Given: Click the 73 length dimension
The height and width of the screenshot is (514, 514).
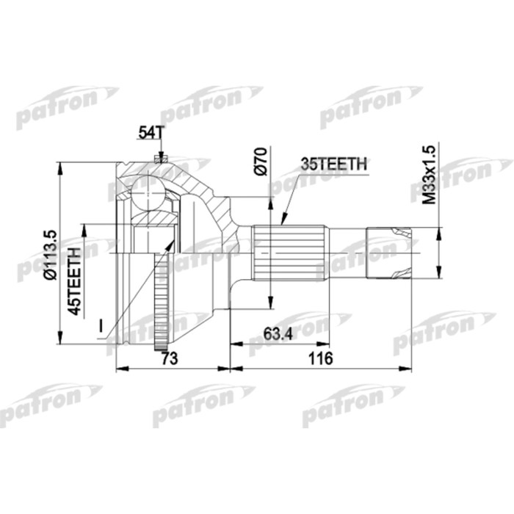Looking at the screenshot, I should tap(171, 358).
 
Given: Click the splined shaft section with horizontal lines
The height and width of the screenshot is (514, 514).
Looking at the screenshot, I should tap(290, 253).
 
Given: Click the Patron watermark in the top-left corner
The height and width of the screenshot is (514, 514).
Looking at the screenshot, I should tap(66, 110).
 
